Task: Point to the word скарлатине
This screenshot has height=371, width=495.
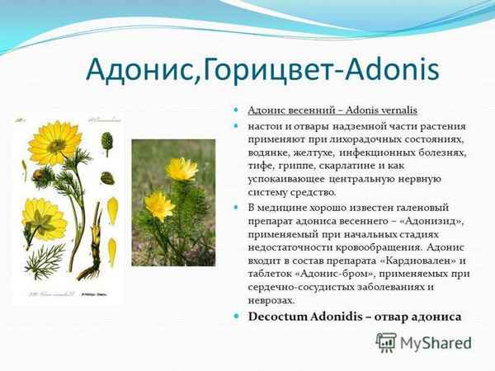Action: [x=367, y=166]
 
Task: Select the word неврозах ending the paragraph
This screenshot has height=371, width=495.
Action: [x=271, y=299]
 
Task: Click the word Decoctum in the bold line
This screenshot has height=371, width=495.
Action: [x=285, y=317]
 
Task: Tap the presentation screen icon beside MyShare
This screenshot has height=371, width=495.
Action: [x=386, y=342]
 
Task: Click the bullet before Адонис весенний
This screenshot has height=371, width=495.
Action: [x=236, y=110]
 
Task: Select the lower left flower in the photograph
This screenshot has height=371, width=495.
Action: [x=158, y=204]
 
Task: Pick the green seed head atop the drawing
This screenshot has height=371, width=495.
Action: [x=106, y=141]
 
